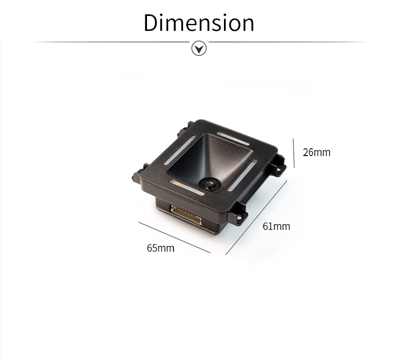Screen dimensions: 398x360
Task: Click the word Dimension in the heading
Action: click(199, 23)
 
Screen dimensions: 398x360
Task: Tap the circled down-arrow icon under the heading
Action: click(199, 48)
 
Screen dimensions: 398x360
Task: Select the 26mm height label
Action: click(316, 152)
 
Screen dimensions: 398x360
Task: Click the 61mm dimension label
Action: click(276, 226)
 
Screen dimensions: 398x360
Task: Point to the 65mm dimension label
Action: click(161, 248)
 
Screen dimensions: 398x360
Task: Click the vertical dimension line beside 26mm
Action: click(293, 153)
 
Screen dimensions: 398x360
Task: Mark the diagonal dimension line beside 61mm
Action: click(256, 218)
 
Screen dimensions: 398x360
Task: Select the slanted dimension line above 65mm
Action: click(175, 237)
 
